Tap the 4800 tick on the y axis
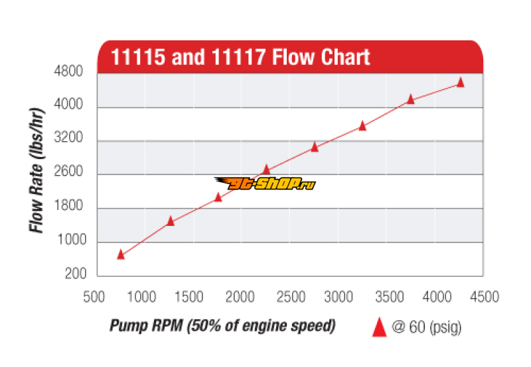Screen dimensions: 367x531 [x=68, y=72]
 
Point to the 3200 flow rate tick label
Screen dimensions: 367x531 [x=68, y=139]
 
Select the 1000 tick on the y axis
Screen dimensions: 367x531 [x=68, y=241]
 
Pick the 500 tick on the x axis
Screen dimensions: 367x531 [x=97, y=297]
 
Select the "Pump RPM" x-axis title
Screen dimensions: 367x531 [x=222, y=326]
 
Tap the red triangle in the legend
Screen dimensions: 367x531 [x=379, y=327]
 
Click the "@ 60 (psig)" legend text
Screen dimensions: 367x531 [x=425, y=327]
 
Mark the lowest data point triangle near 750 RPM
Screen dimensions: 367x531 [x=121, y=254]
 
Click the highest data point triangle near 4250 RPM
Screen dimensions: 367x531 [x=461, y=83]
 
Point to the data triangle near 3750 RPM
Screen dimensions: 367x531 [x=410, y=99]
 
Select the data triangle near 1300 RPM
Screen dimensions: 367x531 [x=170, y=221]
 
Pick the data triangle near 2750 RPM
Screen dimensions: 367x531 [x=315, y=147]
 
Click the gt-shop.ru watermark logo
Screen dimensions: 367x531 [x=264, y=183]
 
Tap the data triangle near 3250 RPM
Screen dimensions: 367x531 [x=362, y=125]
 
